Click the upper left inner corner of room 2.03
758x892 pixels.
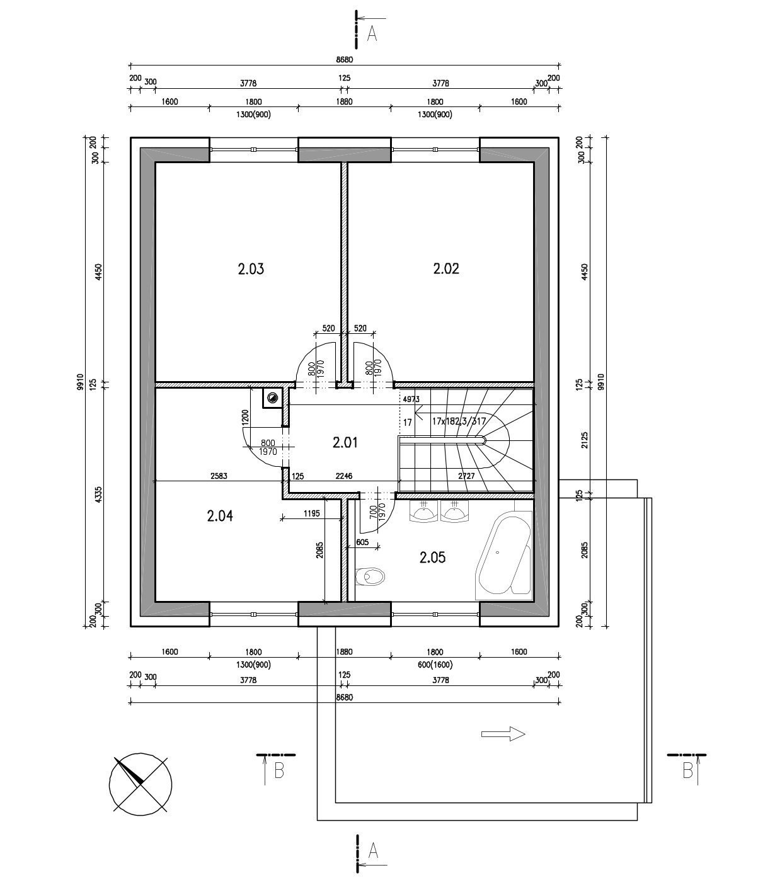(156, 163)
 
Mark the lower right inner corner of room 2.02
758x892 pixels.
(534, 382)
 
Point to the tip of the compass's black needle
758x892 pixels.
(115, 758)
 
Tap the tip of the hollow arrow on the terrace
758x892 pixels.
(525, 734)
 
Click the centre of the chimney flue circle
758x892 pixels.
(272, 397)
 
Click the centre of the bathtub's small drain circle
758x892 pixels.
(498, 552)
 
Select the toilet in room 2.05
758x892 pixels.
(369, 576)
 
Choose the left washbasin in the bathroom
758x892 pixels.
(423, 512)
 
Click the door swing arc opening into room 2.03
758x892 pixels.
(315, 362)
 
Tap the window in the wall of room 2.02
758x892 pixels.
(435, 149)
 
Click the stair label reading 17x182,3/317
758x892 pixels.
(459, 421)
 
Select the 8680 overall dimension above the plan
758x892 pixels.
(345, 60)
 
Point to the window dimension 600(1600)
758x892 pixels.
(435, 665)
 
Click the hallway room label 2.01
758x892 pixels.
(345, 442)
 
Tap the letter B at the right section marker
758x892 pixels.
(687, 771)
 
